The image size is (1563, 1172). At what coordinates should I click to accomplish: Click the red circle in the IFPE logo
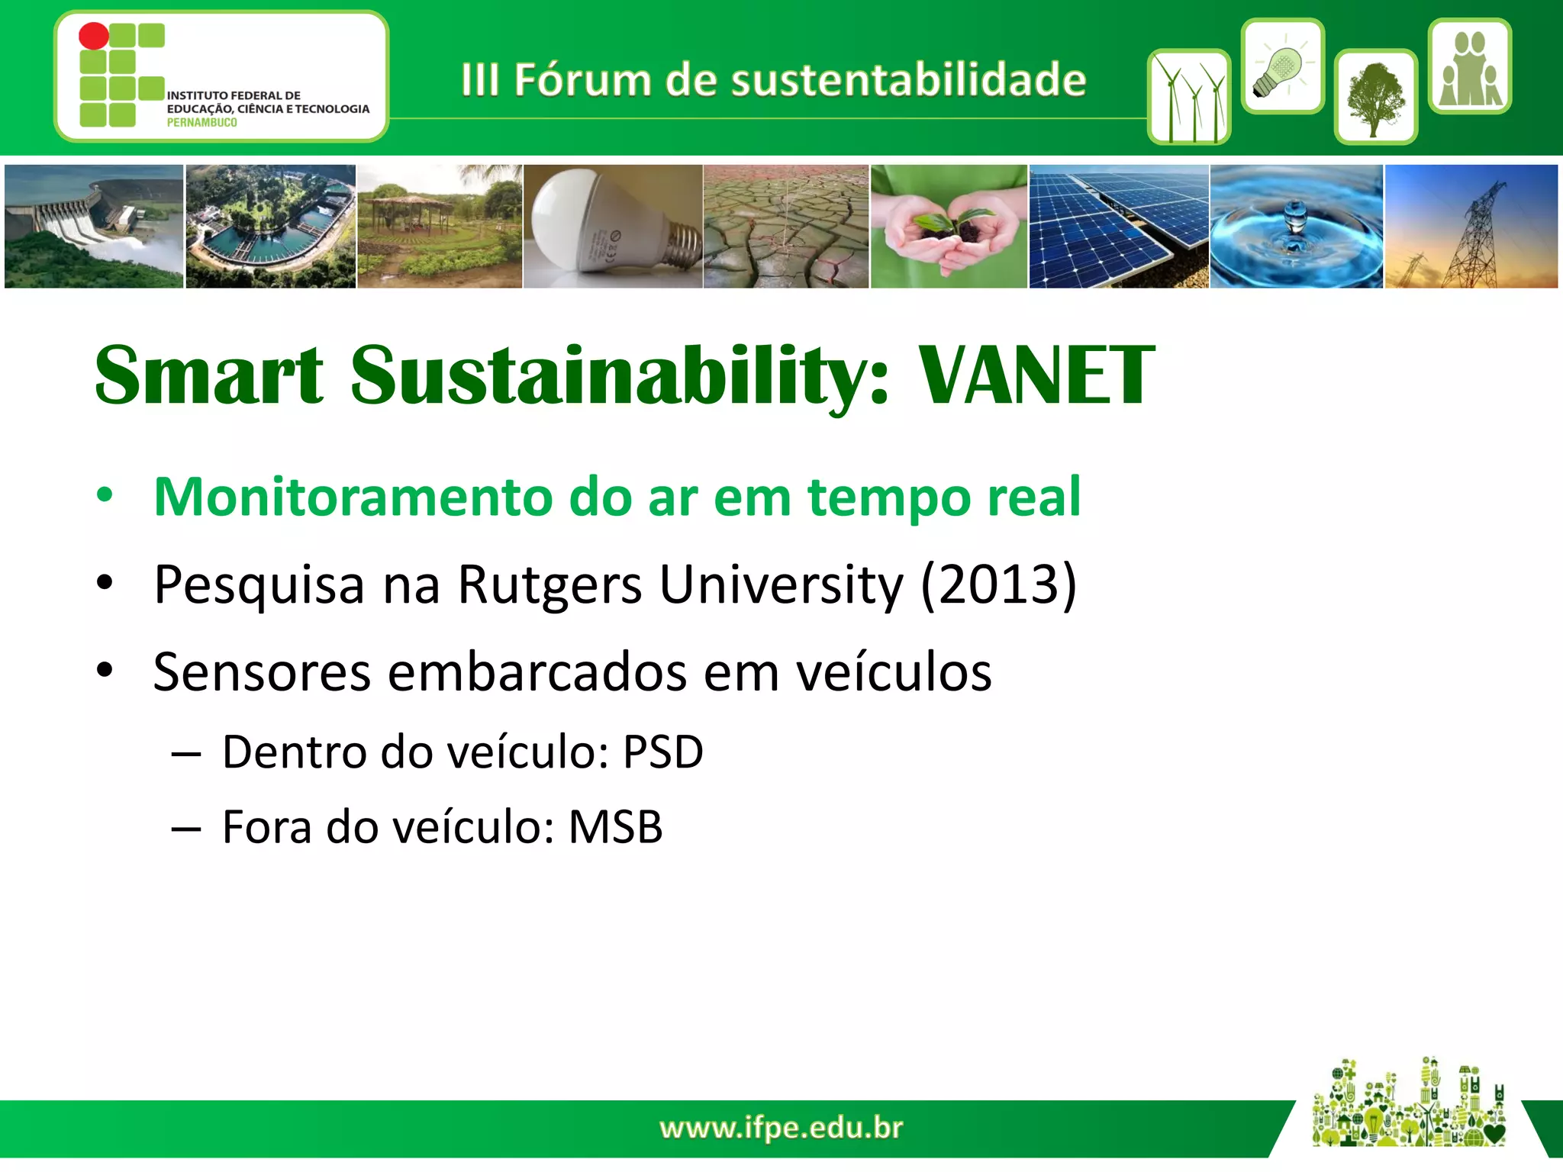click(94, 36)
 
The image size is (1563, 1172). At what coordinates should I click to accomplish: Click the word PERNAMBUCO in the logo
click(201, 123)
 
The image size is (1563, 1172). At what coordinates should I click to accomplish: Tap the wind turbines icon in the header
click(1188, 98)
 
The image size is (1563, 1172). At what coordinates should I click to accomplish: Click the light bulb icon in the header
click(1282, 67)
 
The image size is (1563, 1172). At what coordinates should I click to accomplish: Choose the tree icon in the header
click(1375, 98)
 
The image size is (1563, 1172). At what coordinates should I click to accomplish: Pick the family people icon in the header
click(1469, 67)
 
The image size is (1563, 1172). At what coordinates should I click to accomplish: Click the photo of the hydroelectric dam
click(94, 226)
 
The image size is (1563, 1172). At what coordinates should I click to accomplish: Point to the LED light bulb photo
click(613, 226)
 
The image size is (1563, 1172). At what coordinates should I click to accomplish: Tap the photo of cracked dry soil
click(785, 226)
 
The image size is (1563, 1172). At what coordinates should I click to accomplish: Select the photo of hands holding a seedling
click(949, 226)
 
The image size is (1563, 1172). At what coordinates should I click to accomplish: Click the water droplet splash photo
click(1296, 226)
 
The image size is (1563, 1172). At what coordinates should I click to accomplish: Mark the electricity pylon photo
click(1471, 226)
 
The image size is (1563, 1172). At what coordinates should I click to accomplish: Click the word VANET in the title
click(1036, 375)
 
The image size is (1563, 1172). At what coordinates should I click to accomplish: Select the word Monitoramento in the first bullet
click(352, 497)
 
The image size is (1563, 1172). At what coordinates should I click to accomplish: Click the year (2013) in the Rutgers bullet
click(998, 584)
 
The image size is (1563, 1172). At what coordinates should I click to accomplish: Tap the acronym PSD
click(662, 752)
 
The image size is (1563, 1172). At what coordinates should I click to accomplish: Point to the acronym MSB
click(615, 827)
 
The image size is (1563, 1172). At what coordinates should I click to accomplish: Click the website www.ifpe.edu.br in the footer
click(781, 1128)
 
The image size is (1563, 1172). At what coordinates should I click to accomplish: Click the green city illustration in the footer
click(1408, 1104)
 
